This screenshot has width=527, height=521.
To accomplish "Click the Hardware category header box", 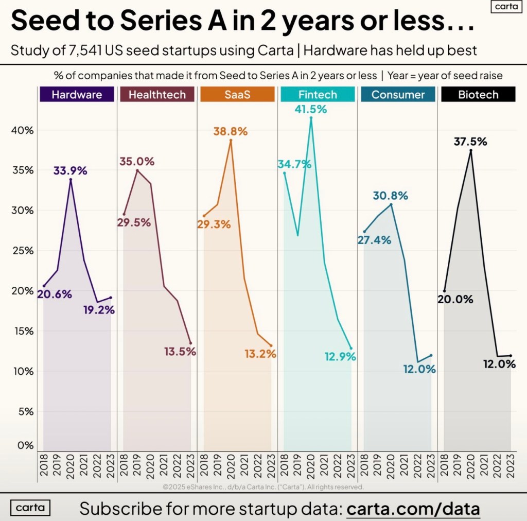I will click(x=77, y=95).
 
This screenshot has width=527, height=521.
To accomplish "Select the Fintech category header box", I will click(x=318, y=95).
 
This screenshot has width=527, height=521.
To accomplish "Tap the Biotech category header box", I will click(x=478, y=95).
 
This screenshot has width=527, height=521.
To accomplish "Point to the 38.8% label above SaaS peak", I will click(x=231, y=131).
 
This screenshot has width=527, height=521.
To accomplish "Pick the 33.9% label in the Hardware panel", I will click(x=70, y=171).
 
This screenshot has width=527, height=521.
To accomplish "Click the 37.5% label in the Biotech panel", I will click(x=470, y=142).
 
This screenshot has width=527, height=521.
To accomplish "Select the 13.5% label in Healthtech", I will click(x=180, y=352).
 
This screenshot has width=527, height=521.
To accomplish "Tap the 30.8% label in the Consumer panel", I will click(x=391, y=196).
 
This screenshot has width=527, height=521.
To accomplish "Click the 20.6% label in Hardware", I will click(x=55, y=294).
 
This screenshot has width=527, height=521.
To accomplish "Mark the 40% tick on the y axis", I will click(x=22, y=130).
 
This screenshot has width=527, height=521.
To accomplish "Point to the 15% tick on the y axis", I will click(x=22, y=331).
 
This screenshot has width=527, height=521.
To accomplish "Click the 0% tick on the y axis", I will click(x=24, y=445).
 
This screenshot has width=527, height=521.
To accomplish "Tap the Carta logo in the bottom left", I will click(x=30, y=508).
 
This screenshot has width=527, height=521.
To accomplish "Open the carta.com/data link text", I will click(x=413, y=509).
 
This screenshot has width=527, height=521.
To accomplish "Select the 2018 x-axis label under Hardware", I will click(x=44, y=466).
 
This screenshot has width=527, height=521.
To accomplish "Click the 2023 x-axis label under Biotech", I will click(x=511, y=466).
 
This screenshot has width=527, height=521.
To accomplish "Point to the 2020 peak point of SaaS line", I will click(x=231, y=140).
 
